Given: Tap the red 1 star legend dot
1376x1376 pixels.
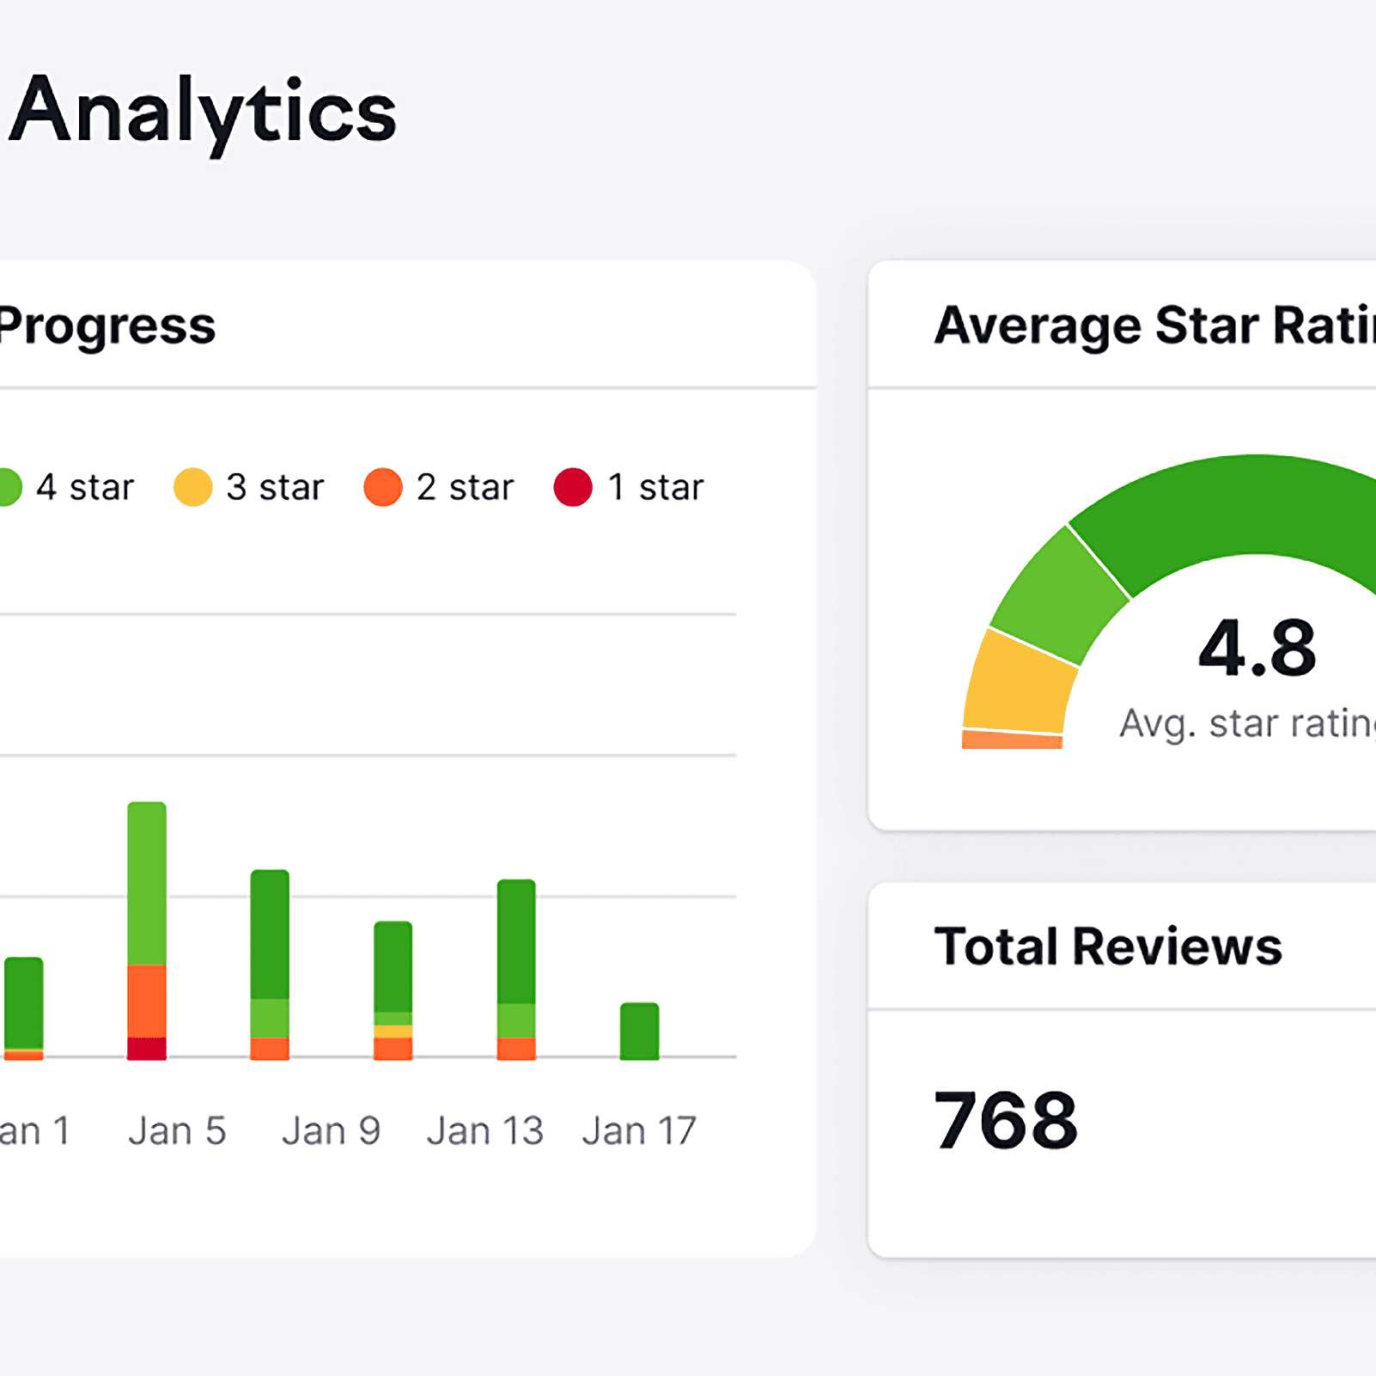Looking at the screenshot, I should [x=573, y=487].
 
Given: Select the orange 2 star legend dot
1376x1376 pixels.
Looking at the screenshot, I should [x=383, y=487].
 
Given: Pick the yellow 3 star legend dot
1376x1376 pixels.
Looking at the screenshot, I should [x=192, y=487].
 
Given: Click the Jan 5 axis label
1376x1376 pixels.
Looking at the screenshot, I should [x=177, y=1130].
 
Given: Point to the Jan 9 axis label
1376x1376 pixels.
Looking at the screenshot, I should [x=331, y=1130].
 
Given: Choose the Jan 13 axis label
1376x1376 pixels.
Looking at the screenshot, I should [x=485, y=1130].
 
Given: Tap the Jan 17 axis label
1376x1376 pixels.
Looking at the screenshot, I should [x=639, y=1130].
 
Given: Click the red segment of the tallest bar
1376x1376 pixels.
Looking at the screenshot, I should [x=147, y=1049].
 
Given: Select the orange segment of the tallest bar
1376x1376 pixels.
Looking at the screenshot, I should [x=147, y=1001].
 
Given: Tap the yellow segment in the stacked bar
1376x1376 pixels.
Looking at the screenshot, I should [x=393, y=1032].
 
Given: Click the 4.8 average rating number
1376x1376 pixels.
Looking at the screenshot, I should [x=1257, y=648].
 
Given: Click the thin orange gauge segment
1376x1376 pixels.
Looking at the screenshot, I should [x=1012, y=740].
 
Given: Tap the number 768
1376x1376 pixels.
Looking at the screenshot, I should [x=1006, y=1120].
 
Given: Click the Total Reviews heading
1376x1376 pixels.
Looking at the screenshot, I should [x=1108, y=947].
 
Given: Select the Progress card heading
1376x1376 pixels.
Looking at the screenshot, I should [x=107, y=326].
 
